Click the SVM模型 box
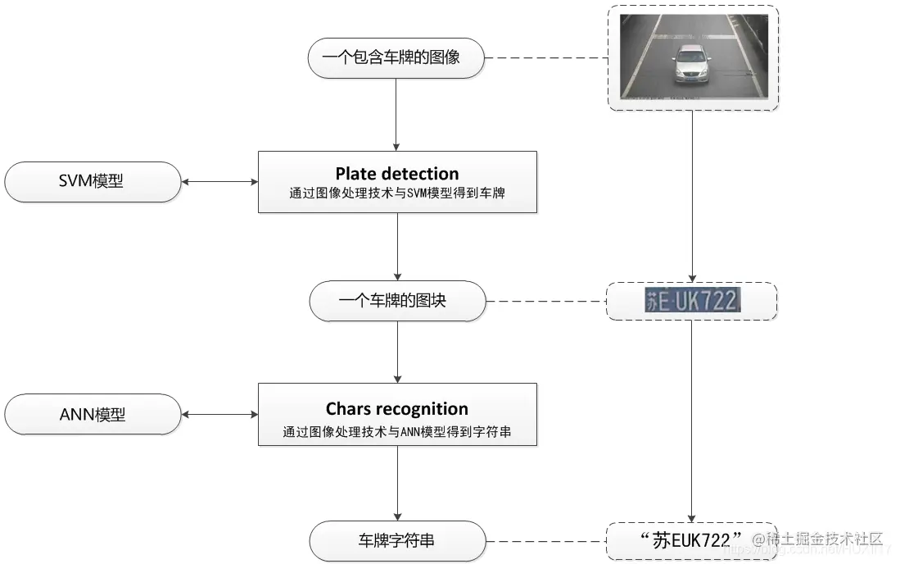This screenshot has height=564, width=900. tap(92, 182)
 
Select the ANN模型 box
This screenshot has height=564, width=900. tap(92, 415)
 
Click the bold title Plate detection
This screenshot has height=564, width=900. tap(397, 174)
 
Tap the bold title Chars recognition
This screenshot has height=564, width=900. tap(397, 409)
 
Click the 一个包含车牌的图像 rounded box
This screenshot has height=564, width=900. tap(396, 58)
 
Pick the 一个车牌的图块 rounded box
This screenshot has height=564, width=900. tap(396, 301)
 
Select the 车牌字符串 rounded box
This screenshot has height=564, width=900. tap(396, 541)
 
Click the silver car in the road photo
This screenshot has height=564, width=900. tap(691, 64)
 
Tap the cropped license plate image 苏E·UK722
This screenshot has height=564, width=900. tap(692, 301)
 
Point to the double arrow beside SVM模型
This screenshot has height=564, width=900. tap(219, 182)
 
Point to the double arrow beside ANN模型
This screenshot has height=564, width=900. tap(219, 415)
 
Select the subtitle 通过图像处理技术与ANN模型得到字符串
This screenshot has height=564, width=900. tap(397, 430)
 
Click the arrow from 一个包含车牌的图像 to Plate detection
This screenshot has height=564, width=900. tap(397, 115)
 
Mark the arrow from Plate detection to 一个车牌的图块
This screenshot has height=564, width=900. tap(397, 246)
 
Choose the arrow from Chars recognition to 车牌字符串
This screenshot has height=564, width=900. tap(397, 484)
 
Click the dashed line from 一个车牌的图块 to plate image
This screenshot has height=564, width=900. tap(545, 301)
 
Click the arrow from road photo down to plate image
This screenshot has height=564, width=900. tap(693, 197)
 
